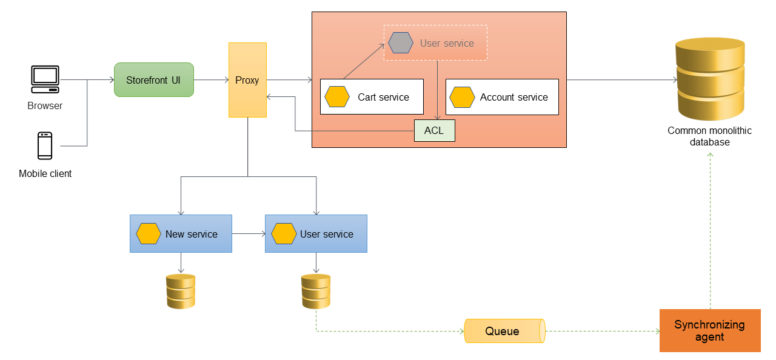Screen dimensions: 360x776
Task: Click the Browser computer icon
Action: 45,79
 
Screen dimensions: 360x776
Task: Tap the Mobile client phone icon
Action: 45,145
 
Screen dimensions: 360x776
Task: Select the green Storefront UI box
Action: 154,80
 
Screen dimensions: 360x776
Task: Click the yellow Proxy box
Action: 247,80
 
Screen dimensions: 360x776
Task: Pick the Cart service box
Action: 372,97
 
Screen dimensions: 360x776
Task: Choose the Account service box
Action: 502,97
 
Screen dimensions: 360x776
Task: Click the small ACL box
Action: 434,131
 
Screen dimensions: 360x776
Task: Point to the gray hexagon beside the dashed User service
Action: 401,43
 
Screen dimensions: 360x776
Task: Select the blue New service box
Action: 181,234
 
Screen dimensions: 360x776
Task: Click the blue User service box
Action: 316,234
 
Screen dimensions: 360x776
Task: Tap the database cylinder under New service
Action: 181,291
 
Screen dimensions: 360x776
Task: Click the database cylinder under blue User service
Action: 316,291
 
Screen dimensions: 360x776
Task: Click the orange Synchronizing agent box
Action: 709,330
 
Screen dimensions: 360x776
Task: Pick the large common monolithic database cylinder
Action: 710,79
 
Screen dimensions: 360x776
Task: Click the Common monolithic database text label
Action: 709,136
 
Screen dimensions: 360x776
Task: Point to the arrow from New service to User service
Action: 249,234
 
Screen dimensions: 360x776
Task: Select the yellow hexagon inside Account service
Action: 462,97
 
